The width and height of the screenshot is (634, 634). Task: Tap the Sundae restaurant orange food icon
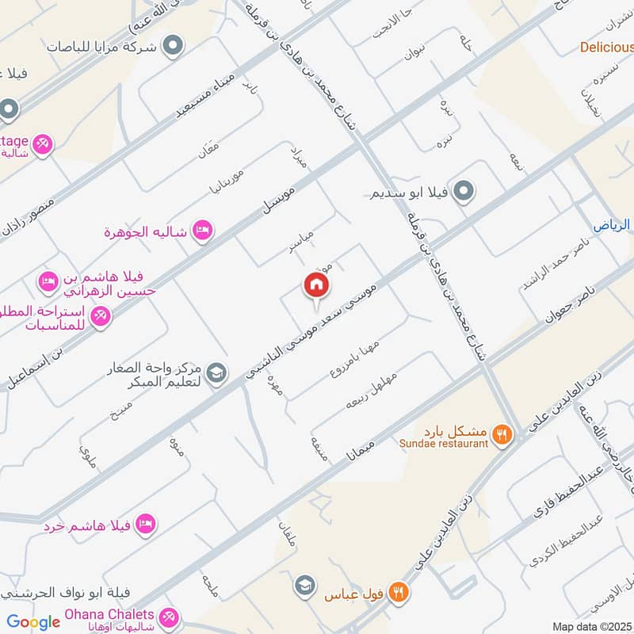[x=501, y=433]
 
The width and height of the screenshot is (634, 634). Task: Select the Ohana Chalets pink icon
[x=168, y=617]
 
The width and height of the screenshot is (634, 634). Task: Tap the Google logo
[x=33, y=622]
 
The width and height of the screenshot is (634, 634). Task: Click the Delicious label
[x=606, y=47]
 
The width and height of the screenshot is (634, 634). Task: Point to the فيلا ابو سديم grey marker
[x=465, y=191]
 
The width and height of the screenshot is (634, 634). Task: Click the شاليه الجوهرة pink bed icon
[x=203, y=230]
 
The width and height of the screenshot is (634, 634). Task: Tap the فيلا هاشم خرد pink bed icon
[x=145, y=523]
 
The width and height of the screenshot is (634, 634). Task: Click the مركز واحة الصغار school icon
[x=215, y=371]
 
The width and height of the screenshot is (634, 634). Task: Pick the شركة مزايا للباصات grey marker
[x=170, y=47]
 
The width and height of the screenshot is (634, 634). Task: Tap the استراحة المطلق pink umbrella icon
[x=101, y=317]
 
